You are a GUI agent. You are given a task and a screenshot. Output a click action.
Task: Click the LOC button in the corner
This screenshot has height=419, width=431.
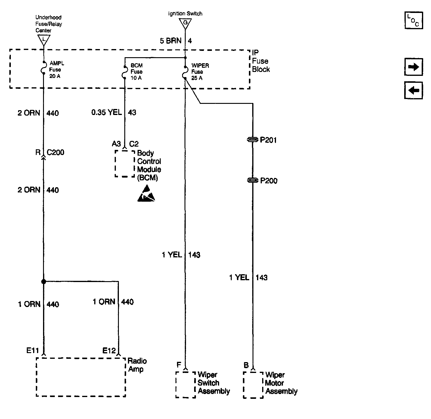click(x=414, y=20)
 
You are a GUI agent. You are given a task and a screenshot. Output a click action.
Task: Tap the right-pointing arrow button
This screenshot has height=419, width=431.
click(x=414, y=67)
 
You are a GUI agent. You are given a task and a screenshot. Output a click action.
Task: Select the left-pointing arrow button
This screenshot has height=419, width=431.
click(x=414, y=90)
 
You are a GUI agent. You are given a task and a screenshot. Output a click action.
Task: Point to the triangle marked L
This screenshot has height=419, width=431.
click(x=44, y=40)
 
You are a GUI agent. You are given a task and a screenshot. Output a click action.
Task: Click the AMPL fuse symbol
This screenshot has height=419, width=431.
click(x=44, y=67)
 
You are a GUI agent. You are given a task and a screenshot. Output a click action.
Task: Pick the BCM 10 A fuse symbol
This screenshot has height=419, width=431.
click(x=125, y=72)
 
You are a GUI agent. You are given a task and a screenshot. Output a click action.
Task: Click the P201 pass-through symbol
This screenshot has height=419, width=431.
click(x=253, y=140)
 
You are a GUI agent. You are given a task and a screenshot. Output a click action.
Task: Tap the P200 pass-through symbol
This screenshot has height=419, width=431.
click(x=253, y=180)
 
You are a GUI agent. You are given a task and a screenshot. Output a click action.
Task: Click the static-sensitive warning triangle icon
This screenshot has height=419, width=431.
click(x=146, y=194)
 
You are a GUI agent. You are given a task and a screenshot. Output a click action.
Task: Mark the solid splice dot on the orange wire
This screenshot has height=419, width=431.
click(x=44, y=281)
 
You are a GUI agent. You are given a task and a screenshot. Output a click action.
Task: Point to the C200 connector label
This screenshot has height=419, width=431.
click(x=55, y=152)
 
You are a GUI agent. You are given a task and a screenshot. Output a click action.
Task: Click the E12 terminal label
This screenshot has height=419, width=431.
click(x=109, y=351)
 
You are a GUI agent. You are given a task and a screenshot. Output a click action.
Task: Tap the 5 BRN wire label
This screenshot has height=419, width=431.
click(x=171, y=41)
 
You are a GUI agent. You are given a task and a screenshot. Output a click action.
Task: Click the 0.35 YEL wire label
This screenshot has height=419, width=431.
click(x=107, y=112)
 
